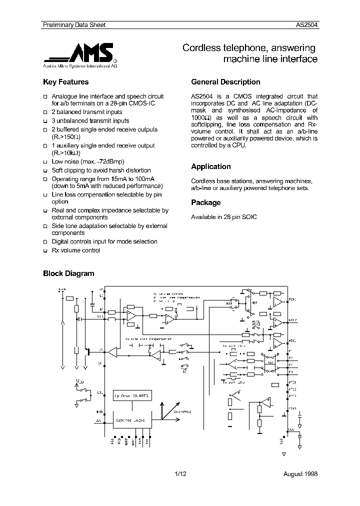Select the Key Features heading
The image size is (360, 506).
(66, 82)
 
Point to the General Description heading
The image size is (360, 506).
(225, 82)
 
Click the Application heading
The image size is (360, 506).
(211, 166)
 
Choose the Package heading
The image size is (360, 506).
(206, 202)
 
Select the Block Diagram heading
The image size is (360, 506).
(69, 273)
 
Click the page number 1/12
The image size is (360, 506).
(180, 473)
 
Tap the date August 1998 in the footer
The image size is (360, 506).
(300, 473)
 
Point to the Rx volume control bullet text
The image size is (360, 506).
(76, 250)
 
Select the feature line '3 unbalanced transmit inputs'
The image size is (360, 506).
(90, 120)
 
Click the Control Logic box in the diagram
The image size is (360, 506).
(130, 420)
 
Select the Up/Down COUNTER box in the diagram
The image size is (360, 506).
(131, 395)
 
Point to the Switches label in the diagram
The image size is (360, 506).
(182, 411)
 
